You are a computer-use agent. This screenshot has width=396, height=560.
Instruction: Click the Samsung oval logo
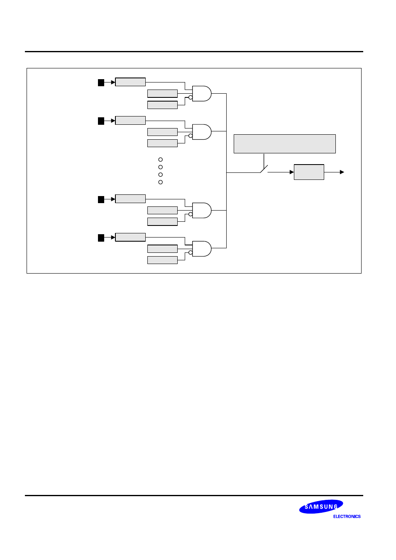[321, 507]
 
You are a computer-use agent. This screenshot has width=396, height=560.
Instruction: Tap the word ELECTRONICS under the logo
[347, 516]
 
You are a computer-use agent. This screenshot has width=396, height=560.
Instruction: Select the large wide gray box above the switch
[284, 144]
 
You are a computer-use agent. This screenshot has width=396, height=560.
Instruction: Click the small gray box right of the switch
[309, 172]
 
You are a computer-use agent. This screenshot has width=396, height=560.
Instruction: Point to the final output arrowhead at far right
[342, 172]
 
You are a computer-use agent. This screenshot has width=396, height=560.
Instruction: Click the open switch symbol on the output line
[264, 169]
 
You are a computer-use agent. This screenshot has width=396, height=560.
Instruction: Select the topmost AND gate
[202, 94]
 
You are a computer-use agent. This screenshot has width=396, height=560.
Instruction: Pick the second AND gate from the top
[202, 132]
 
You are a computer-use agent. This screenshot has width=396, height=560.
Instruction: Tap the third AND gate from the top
[202, 210]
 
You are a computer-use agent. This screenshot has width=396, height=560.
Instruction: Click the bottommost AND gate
[202, 249]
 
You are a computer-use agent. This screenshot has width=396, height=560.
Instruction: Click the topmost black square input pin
[101, 82]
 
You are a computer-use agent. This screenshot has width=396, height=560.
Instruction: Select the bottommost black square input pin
[101, 238]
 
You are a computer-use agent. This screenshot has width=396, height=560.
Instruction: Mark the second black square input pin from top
[101, 121]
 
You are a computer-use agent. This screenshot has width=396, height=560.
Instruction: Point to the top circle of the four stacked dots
[161, 160]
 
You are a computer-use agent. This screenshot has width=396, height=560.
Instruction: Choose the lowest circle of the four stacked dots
[161, 182]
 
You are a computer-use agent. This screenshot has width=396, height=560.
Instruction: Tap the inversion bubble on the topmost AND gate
[191, 98]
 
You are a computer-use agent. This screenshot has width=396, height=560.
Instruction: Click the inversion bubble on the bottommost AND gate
[191, 252]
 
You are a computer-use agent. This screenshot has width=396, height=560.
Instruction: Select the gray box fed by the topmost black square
[130, 82]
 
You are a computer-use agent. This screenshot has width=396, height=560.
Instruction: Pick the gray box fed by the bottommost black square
[130, 237]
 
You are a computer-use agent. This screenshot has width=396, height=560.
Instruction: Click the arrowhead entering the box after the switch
[292, 172]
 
